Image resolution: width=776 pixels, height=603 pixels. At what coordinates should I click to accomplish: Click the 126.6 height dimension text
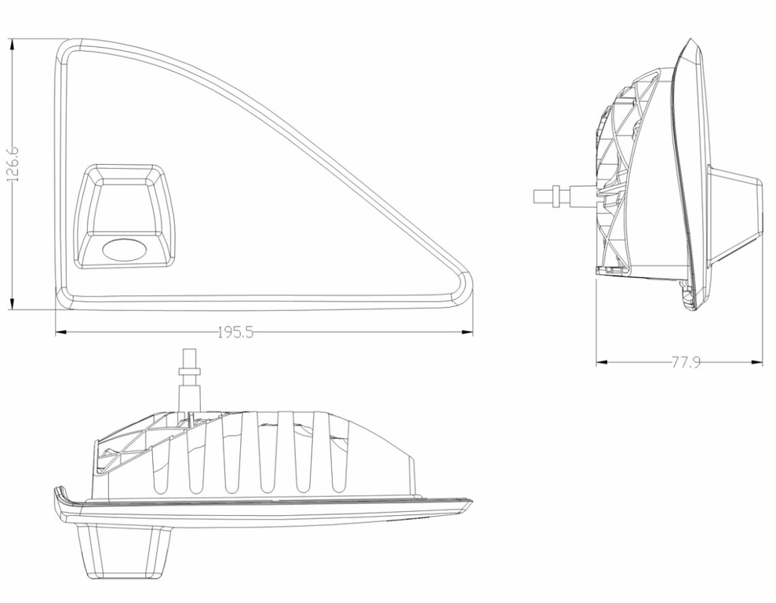tap(13, 164)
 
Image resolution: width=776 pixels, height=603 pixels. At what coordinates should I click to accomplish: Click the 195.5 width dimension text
tap(235, 332)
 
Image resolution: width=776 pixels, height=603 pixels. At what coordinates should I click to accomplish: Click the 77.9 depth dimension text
tap(686, 363)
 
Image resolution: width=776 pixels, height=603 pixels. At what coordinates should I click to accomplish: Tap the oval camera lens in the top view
tap(124, 249)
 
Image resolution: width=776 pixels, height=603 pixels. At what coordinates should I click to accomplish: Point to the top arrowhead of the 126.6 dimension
tap(13, 45)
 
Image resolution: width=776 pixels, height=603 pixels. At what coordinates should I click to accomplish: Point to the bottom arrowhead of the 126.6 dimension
tap(13, 304)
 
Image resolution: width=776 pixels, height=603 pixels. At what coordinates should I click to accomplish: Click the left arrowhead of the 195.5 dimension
tap(61, 332)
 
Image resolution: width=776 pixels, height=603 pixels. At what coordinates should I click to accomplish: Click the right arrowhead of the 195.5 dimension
tap(467, 332)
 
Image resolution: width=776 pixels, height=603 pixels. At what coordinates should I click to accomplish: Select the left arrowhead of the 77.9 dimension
tap(602, 363)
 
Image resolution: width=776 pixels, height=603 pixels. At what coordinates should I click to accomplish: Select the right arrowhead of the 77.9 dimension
tap(756, 363)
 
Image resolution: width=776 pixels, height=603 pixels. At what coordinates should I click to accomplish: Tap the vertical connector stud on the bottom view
tap(190, 378)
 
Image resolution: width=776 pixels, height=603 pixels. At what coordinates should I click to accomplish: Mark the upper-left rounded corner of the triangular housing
tap(64, 49)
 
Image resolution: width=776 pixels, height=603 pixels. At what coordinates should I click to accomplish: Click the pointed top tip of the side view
tap(690, 39)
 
